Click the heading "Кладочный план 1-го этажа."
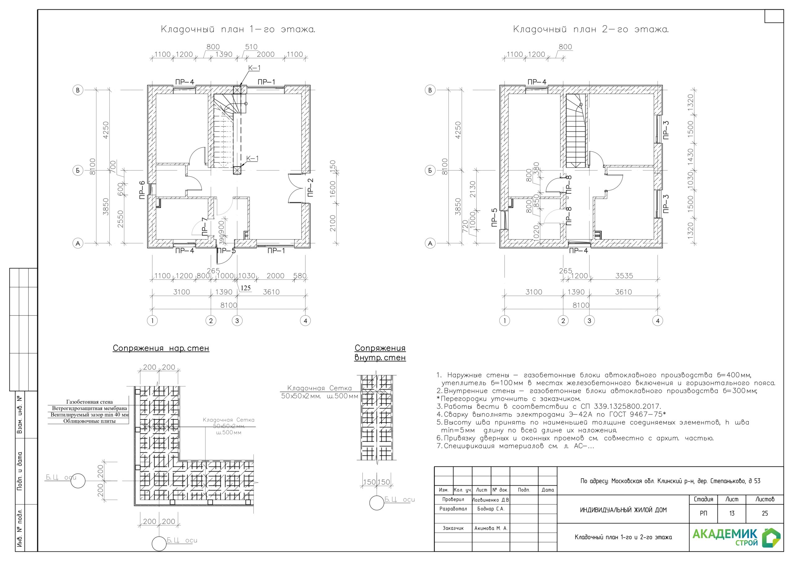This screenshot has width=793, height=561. [x=238, y=29]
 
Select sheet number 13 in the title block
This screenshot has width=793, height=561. [x=732, y=513]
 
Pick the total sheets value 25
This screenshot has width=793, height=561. [x=765, y=513]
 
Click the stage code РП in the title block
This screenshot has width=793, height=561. [x=703, y=513]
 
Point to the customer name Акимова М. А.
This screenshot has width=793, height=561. [x=491, y=528]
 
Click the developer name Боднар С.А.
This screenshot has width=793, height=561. [x=491, y=509]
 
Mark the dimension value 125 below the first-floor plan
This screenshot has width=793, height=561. [x=246, y=288]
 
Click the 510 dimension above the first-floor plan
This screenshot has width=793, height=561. [x=251, y=47]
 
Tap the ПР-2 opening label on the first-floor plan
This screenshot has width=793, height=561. [x=310, y=188]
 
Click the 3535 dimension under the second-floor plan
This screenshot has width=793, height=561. [x=624, y=276]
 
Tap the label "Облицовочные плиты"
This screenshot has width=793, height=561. [x=90, y=421]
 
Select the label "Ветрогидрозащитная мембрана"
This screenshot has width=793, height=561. [x=90, y=408]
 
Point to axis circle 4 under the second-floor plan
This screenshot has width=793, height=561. [x=658, y=321]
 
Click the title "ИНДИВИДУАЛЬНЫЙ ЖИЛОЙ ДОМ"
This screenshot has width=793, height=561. [x=624, y=510]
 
